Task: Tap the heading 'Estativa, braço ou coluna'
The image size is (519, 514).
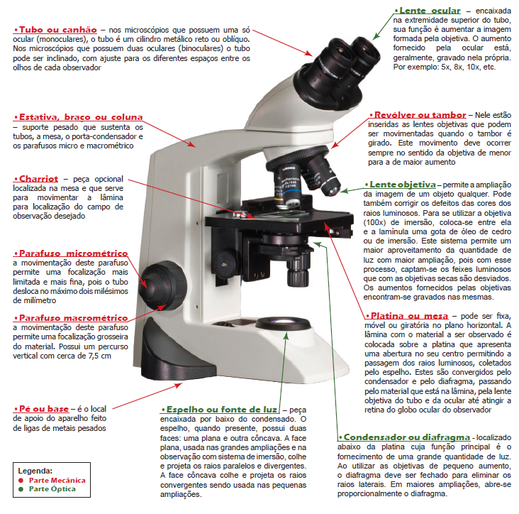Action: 79,116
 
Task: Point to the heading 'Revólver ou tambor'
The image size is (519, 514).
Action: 418,114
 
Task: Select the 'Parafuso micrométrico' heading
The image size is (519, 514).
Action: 71,253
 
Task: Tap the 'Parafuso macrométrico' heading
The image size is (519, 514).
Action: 72,317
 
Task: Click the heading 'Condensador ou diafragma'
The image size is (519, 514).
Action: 405,437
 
